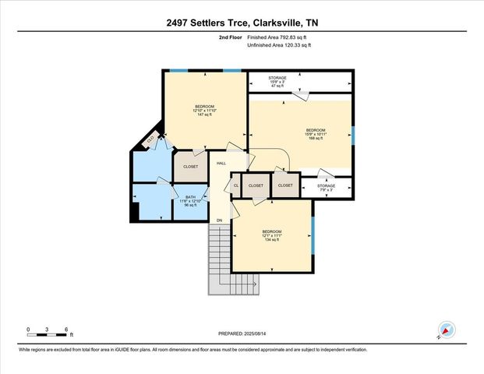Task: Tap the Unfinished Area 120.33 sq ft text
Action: pyautogui.click(x=279, y=45)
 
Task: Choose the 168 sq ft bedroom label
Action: pyautogui.click(x=315, y=133)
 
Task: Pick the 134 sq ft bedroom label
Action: pyautogui.click(x=271, y=236)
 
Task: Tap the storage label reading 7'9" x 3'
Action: pyautogui.click(x=326, y=189)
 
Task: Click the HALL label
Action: pyautogui.click(x=221, y=164)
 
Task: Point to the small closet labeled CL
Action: pyautogui.click(x=235, y=186)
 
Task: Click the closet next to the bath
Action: pyautogui.click(x=190, y=167)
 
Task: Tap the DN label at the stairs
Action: pyautogui.click(x=220, y=220)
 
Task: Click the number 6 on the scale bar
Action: pyautogui.click(x=67, y=330)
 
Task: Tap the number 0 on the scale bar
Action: pyautogui.click(x=28, y=330)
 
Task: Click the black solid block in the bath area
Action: pyautogui.click(x=137, y=210)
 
